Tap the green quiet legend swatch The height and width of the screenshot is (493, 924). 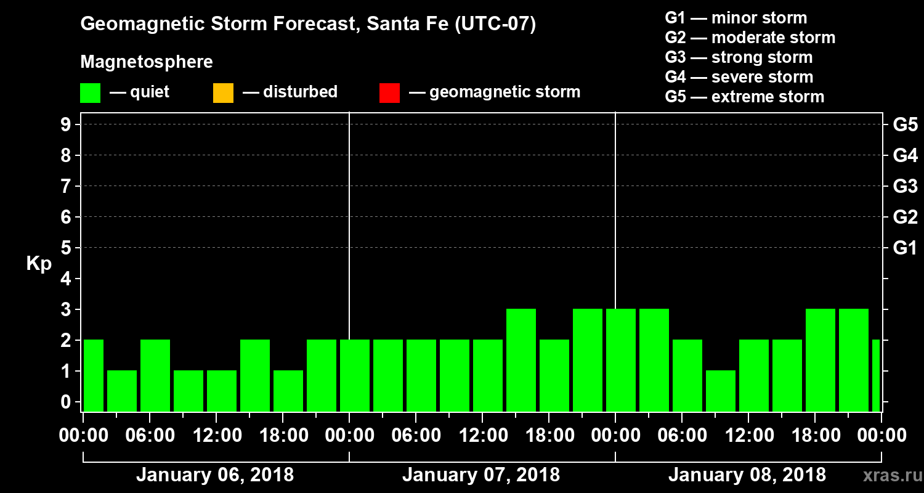pyautogui.click(x=90, y=93)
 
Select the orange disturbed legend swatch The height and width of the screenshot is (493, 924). pyautogui.click(x=223, y=93)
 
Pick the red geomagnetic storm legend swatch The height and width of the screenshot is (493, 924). pyautogui.click(x=389, y=93)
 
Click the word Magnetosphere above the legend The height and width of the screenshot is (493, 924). pyautogui.click(x=147, y=62)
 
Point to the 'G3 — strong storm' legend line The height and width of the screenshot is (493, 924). pyautogui.click(x=739, y=57)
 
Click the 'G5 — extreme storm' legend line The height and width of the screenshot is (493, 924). pyautogui.click(x=744, y=97)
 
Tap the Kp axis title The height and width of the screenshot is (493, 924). pyautogui.click(x=39, y=264)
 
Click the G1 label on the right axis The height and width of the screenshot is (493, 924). pyautogui.click(x=905, y=248)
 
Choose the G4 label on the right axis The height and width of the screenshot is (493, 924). pyautogui.click(x=905, y=155)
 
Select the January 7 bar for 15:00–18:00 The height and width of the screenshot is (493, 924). pyautogui.click(x=521, y=360)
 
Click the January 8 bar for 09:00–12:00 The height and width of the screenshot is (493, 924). pyautogui.click(x=721, y=391)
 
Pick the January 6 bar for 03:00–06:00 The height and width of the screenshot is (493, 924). pyautogui.click(x=122, y=391)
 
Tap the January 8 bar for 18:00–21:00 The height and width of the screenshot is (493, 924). pyautogui.click(x=821, y=360)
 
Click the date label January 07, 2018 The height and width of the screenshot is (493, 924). pyautogui.click(x=481, y=475)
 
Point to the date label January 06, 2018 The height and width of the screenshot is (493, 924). pyautogui.click(x=215, y=475)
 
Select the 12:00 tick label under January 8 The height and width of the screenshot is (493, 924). pyautogui.click(x=747, y=435)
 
